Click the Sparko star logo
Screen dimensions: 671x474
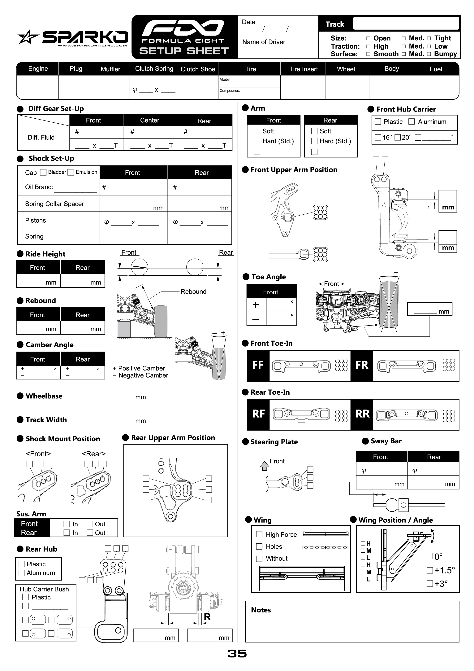28,37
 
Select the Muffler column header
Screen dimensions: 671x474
110,69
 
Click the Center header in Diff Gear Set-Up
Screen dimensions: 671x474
150,120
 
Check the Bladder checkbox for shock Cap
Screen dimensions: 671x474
43,172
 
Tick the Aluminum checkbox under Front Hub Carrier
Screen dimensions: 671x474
412,122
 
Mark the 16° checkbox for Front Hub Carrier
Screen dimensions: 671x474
378,137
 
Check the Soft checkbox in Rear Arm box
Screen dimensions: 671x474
314,131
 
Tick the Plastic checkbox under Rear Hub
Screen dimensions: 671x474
22,564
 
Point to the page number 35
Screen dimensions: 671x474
237,653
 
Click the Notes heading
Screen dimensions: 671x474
261,610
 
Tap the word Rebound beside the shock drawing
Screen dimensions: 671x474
193,292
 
